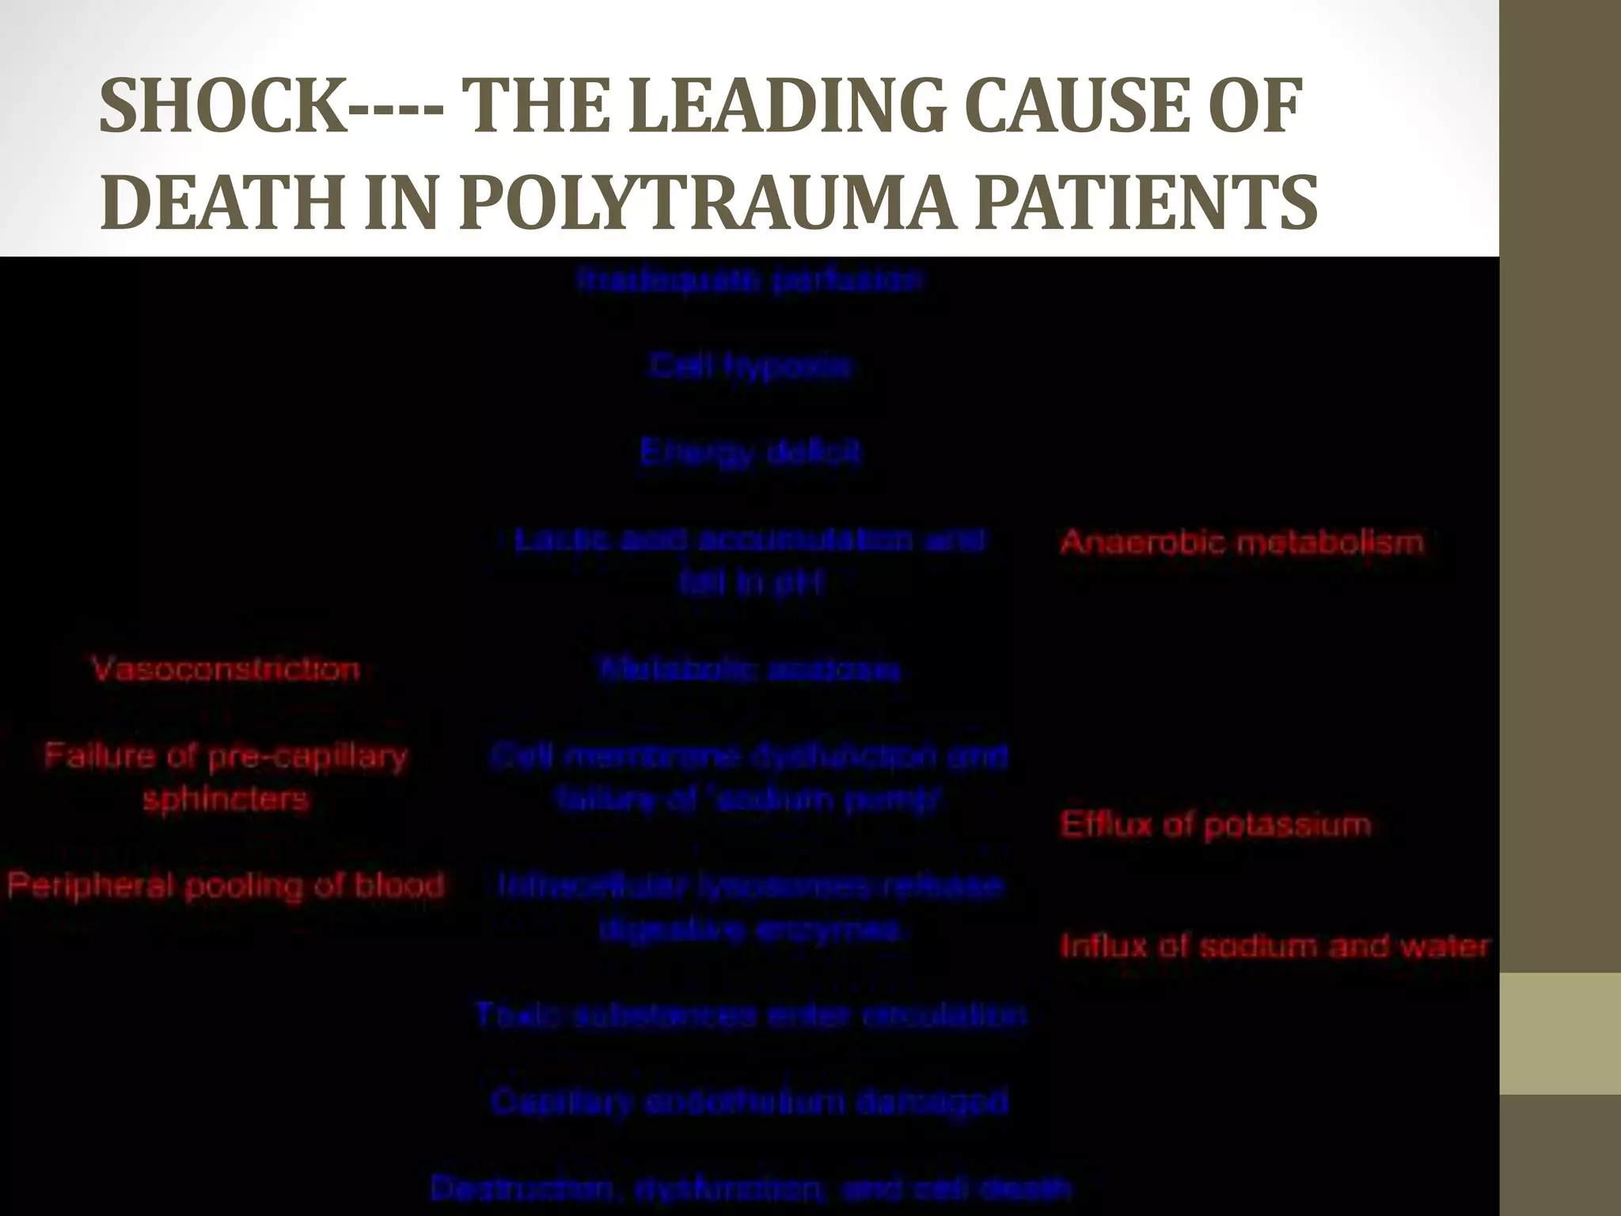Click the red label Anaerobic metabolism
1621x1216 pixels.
[x=1241, y=542]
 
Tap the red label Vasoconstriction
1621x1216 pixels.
[x=226, y=670]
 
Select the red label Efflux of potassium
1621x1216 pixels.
[x=1215, y=825]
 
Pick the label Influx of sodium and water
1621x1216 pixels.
[x=1274, y=946]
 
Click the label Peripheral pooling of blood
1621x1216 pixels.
[x=226, y=885]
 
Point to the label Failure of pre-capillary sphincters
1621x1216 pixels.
[x=226, y=777]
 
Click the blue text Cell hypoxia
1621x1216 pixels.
[x=750, y=367]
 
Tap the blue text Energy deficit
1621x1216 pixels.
[x=750, y=453]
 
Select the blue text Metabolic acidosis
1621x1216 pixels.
[x=750, y=670]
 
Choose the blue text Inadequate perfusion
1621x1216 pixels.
[x=750, y=280]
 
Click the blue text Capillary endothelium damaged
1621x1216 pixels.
[x=749, y=1101]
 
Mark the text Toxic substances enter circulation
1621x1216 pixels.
[x=750, y=1015]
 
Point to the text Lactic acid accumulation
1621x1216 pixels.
[x=749, y=541]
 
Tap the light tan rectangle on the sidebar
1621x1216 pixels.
[x=1560, y=1033]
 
